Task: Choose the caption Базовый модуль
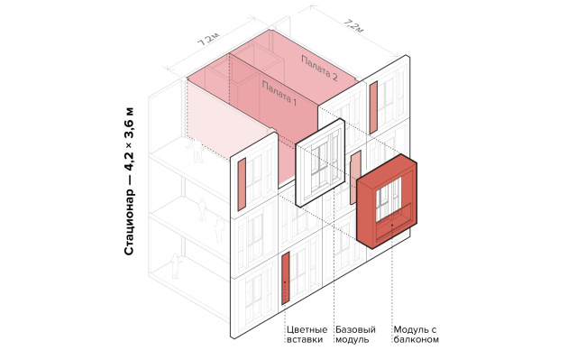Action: click(354, 335)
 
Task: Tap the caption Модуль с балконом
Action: click(417, 335)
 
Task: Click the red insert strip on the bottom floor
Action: click(285, 279)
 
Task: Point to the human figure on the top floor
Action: click(194, 152)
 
